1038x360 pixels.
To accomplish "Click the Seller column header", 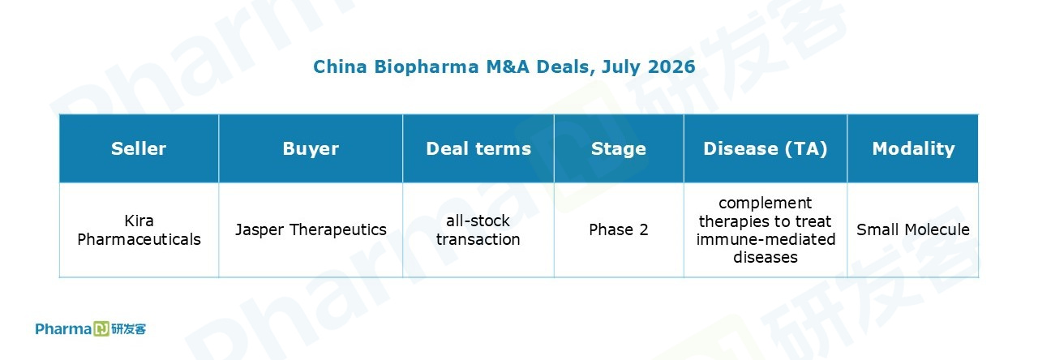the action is pyautogui.click(x=139, y=148).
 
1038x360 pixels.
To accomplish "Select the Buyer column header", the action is pyautogui.click(x=311, y=148).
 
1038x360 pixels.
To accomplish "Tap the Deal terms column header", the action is pyautogui.click(x=478, y=148).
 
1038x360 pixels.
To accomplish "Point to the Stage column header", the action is pyautogui.click(x=619, y=148).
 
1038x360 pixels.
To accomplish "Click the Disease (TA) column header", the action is pyautogui.click(x=765, y=148).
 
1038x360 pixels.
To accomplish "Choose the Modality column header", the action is pyautogui.click(x=913, y=148).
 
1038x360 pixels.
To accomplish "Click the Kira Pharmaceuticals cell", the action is pyautogui.click(x=139, y=229).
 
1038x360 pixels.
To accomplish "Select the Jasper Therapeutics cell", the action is pyautogui.click(x=311, y=229).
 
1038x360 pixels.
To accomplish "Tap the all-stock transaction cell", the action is pyautogui.click(x=478, y=229).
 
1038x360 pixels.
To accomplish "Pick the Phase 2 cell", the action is pyautogui.click(x=619, y=229).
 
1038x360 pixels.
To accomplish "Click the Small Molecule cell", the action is pyautogui.click(x=913, y=229).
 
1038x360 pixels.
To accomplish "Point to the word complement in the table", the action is pyautogui.click(x=765, y=204).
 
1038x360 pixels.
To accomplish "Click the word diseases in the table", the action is pyautogui.click(x=765, y=257).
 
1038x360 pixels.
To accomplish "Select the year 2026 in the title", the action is pyautogui.click(x=671, y=66).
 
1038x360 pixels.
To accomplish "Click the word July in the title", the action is pyautogui.click(x=621, y=67).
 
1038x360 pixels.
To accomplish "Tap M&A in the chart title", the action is pyautogui.click(x=508, y=66).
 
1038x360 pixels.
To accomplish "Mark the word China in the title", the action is pyautogui.click(x=340, y=66).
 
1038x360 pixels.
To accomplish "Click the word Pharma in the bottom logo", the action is pyautogui.click(x=63, y=329).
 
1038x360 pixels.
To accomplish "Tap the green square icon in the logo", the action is pyautogui.click(x=101, y=329).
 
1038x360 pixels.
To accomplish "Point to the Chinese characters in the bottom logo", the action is pyautogui.click(x=128, y=329).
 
